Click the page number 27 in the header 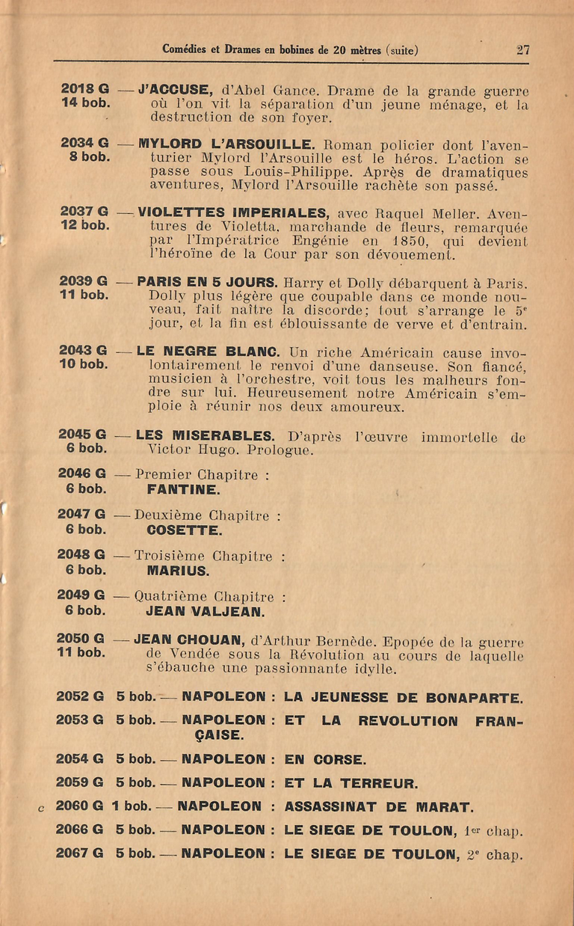tap(522, 50)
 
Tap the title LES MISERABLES tap(205, 435)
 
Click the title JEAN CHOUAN tap(189, 640)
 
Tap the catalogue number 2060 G tap(80, 807)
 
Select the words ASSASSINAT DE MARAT tap(379, 807)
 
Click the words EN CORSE tap(325, 759)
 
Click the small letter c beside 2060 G tap(41, 808)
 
